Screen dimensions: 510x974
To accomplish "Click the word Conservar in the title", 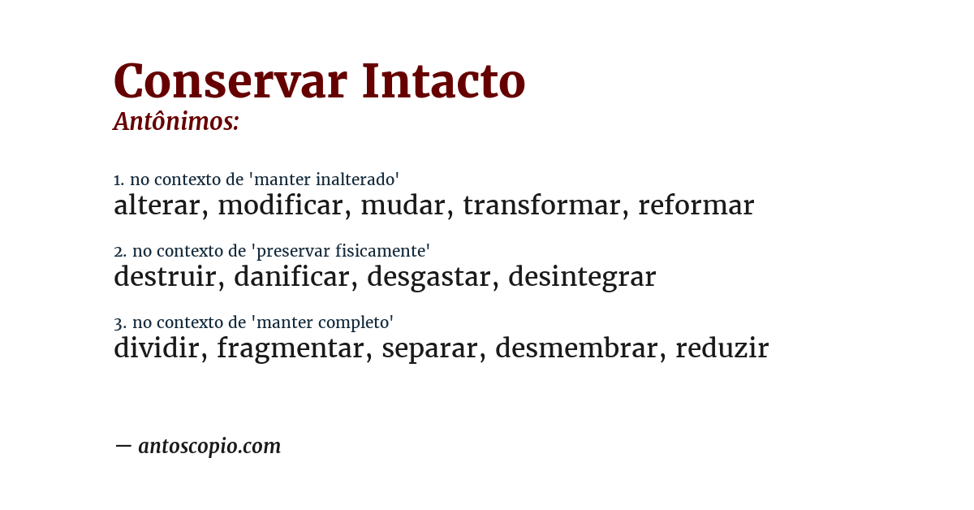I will coord(230,82).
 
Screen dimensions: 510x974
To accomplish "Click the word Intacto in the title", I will coord(444,82).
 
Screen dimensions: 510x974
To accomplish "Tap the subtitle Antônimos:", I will coord(176,122).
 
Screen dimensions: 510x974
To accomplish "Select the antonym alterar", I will coord(157,205).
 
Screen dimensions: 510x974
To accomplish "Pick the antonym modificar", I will coord(280,205).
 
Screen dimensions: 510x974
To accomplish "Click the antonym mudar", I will coord(403,205).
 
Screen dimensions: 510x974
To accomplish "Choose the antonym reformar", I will coord(696,205).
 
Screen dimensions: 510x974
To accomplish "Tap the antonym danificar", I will coord(291,277).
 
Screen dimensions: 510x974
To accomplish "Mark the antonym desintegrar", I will coord(582,277).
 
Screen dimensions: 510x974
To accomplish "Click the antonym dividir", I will coord(157,348).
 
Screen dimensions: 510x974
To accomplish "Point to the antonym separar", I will coord(429,348).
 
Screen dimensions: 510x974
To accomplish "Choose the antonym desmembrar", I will coord(576,348).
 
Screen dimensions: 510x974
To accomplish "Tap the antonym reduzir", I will coord(722,348).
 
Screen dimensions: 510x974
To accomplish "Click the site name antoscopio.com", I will coord(209,446).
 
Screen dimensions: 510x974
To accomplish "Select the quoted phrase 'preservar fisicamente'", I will coord(343,251).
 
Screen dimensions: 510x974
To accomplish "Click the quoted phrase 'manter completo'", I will coord(325,322).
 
